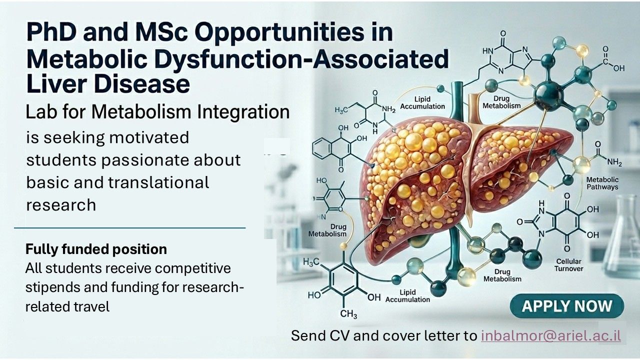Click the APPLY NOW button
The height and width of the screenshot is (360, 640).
coord(567,305)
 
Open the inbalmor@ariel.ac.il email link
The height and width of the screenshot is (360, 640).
coord(551,335)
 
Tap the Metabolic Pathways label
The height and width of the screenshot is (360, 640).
coord(602,183)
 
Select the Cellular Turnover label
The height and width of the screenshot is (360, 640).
coord(568,265)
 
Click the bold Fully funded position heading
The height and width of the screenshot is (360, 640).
coord(96,249)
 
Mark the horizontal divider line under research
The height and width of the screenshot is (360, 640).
coord(129,228)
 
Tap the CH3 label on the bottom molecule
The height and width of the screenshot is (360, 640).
coord(348,314)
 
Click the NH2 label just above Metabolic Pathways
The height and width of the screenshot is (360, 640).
coord(614,162)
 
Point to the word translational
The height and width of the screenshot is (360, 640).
coord(158,182)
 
